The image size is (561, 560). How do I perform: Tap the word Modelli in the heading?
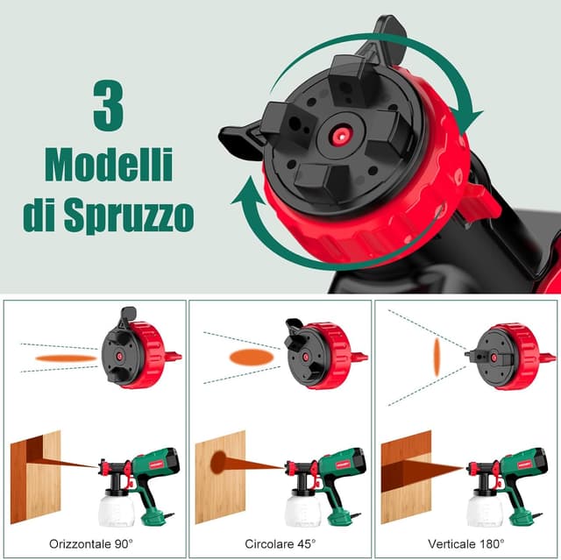(x=109, y=166)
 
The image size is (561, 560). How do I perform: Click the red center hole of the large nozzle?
(x=336, y=133)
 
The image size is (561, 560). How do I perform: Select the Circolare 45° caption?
(x=281, y=543)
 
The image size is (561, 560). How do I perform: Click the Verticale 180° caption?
(x=469, y=543)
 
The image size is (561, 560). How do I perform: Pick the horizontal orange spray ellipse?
(x=66, y=358)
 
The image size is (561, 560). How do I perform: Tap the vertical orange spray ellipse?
(x=436, y=358)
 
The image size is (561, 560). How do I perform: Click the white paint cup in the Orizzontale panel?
(x=118, y=507)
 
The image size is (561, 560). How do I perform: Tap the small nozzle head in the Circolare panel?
(x=305, y=355)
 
